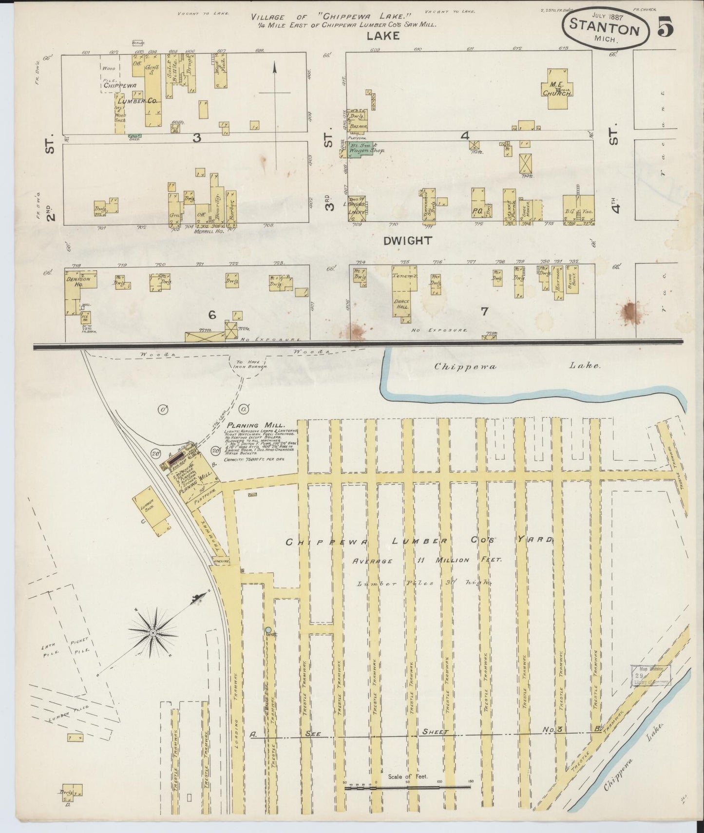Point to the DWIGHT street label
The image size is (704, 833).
click(407, 240)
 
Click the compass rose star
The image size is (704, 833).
click(153, 632)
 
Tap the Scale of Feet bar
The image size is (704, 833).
click(407, 786)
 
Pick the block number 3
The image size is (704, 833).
click(196, 138)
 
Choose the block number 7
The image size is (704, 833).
click(484, 312)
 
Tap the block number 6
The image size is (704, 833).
click(212, 315)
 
